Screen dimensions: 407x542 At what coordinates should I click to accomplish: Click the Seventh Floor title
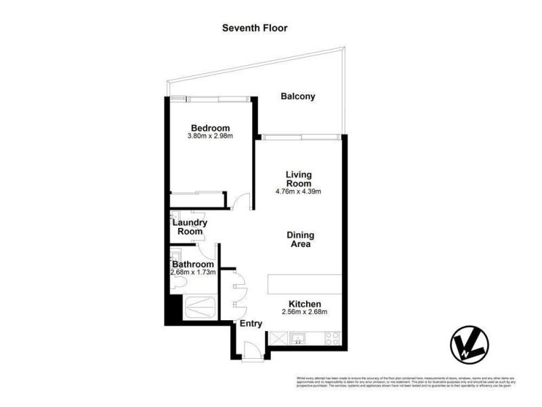255,28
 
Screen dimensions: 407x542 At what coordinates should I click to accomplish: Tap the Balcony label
298,96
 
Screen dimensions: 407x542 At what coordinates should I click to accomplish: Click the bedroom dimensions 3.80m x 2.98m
210,136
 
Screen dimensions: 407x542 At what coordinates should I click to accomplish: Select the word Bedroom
210,128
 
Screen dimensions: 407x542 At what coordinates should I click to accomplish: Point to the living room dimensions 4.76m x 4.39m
298,191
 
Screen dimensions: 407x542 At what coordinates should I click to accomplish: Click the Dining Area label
298,239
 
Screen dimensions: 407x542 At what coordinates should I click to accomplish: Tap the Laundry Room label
190,227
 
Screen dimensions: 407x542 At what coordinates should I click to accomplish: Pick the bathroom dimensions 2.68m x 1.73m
193,273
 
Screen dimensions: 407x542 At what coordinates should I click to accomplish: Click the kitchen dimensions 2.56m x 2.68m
305,312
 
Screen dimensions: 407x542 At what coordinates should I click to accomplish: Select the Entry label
251,324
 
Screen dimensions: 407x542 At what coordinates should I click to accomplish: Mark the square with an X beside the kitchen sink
278,337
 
